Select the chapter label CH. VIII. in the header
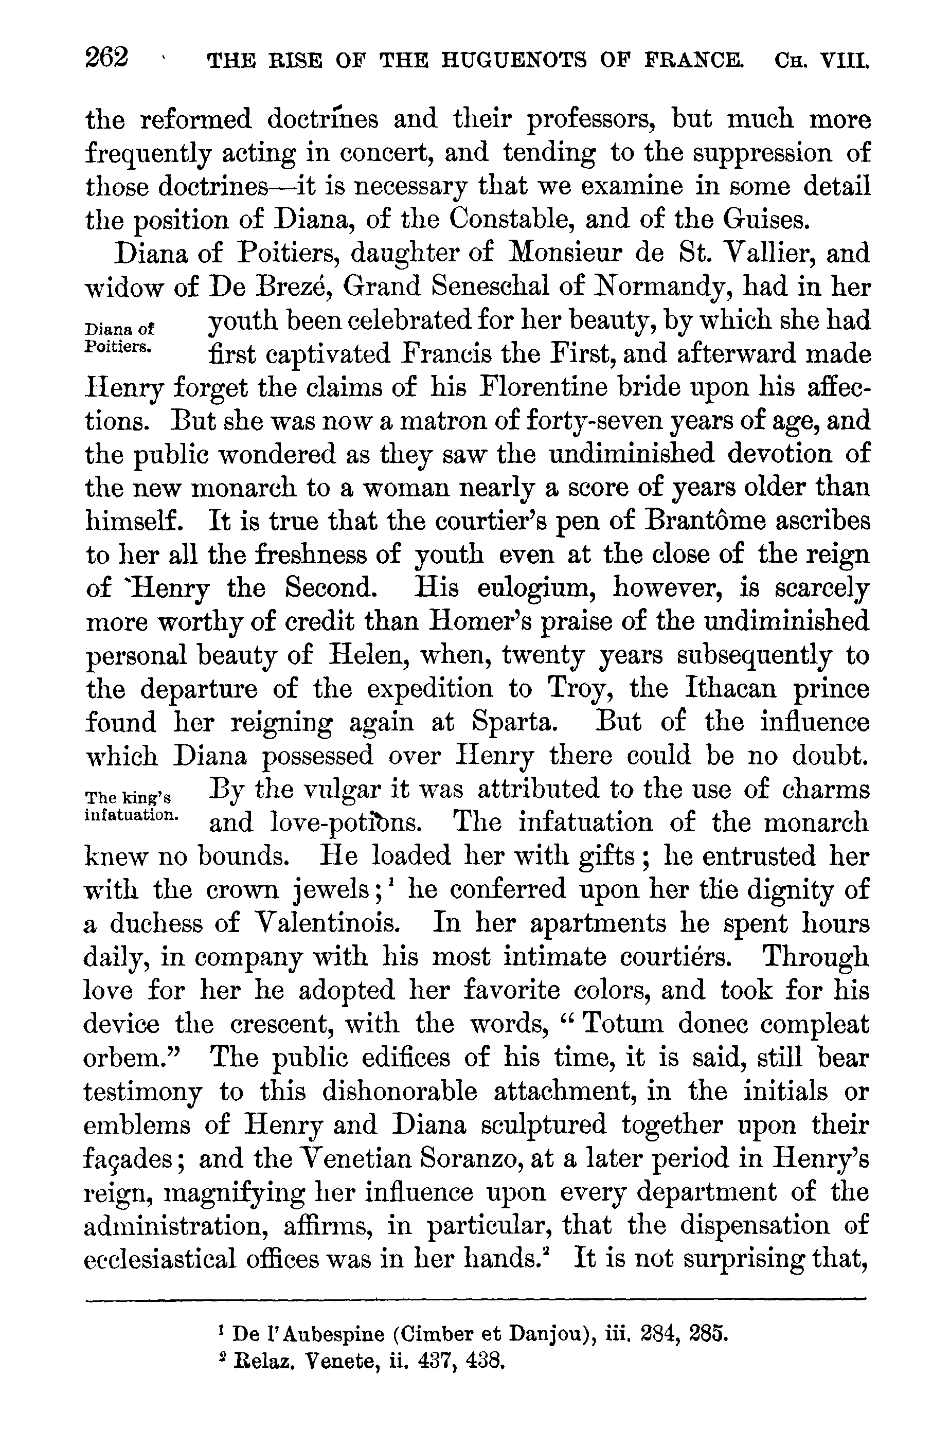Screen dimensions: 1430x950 (821, 61)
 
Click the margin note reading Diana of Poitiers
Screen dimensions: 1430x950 (119, 337)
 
